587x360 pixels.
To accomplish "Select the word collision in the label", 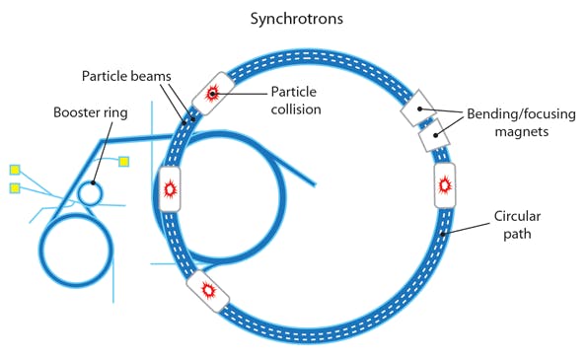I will click(295, 108).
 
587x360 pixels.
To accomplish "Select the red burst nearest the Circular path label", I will click(445, 183).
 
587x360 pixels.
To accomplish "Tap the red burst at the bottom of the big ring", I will click(209, 290).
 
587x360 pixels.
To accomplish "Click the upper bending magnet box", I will click(416, 108).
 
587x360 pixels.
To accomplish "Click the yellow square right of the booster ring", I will click(124, 162).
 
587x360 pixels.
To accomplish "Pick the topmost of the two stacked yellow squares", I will click(15, 170).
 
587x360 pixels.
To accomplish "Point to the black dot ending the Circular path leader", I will click(448, 236).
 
